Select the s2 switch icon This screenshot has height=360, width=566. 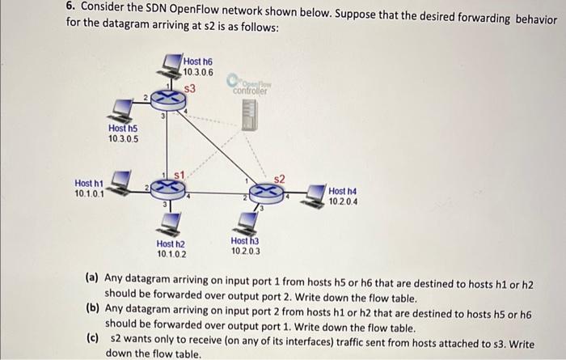pos(265,193)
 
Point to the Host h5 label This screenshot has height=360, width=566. pos(123,133)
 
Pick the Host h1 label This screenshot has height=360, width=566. pos(89,188)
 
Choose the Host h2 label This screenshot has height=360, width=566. pos(171,248)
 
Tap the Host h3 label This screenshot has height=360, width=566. pos(245,245)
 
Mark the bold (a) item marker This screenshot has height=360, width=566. pos(92,277)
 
